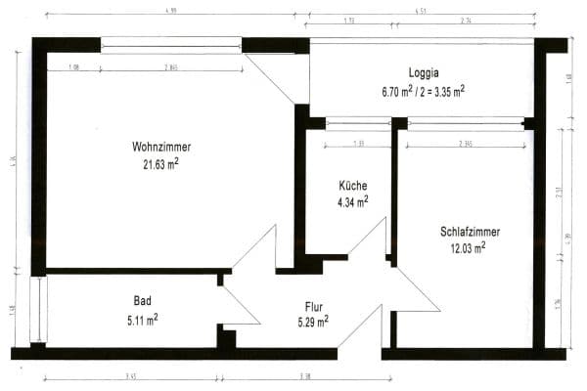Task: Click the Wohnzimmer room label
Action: point(159,147)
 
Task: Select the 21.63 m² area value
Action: point(159,163)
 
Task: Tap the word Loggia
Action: point(424,72)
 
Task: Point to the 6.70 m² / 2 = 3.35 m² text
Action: point(423,90)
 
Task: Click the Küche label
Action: point(353,186)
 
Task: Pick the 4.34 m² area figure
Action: point(352,202)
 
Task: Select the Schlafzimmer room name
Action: point(471,232)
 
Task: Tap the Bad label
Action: point(143,300)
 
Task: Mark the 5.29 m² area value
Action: point(313,320)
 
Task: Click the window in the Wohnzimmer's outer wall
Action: point(171,45)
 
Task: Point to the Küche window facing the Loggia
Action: point(359,123)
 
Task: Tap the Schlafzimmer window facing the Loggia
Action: point(466,123)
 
